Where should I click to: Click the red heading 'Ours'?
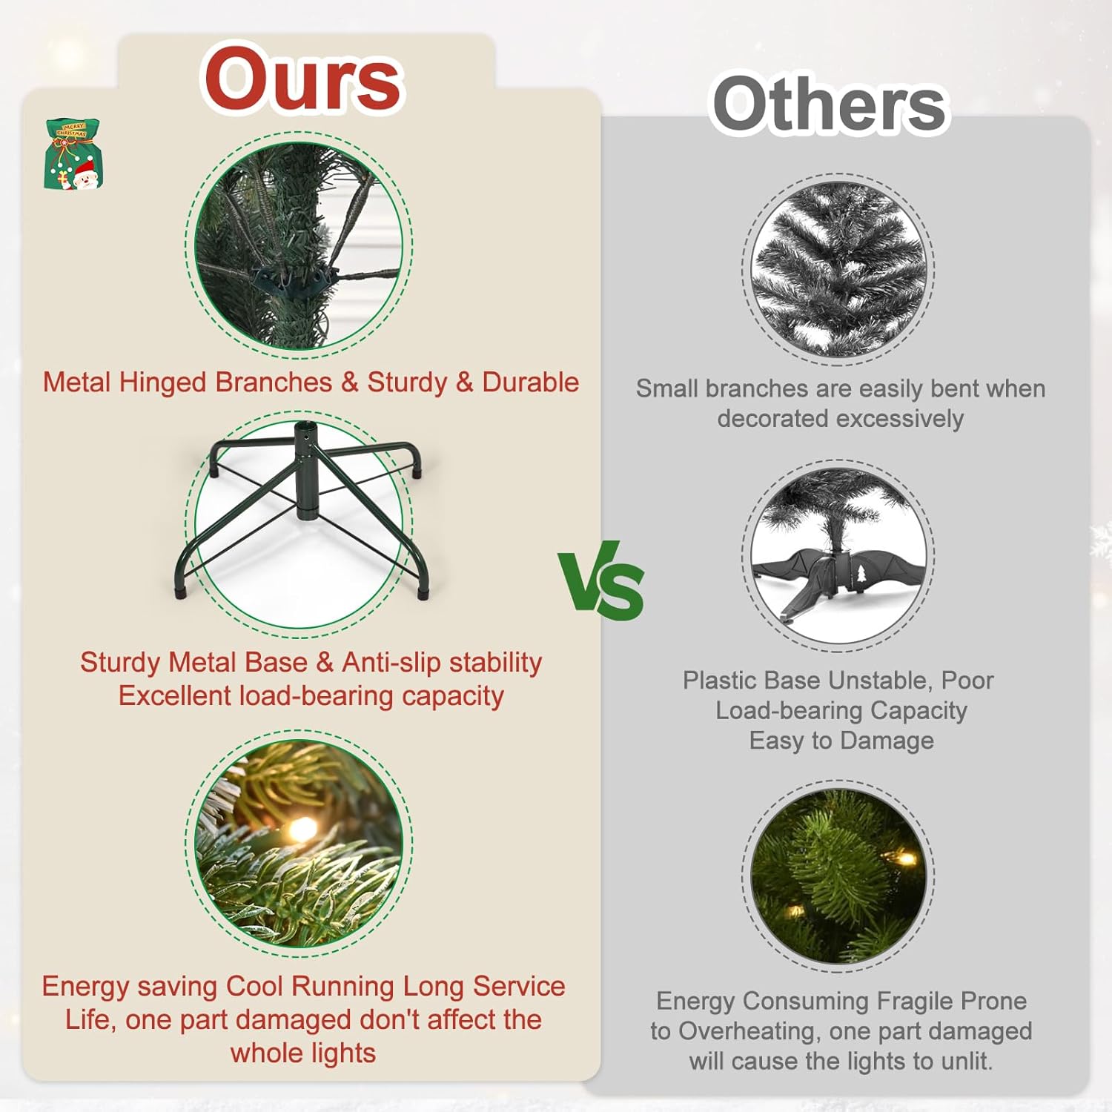click(x=302, y=79)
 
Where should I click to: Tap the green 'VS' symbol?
click(x=601, y=580)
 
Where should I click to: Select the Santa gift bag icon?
click(x=73, y=154)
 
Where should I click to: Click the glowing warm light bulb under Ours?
click(x=301, y=829)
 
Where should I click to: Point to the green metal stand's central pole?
click(x=305, y=471)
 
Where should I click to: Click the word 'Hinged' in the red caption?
click(x=162, y=383)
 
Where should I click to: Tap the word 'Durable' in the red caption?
click(x=530, y=383)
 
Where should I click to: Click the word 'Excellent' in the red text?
click(x=175, y=695)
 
